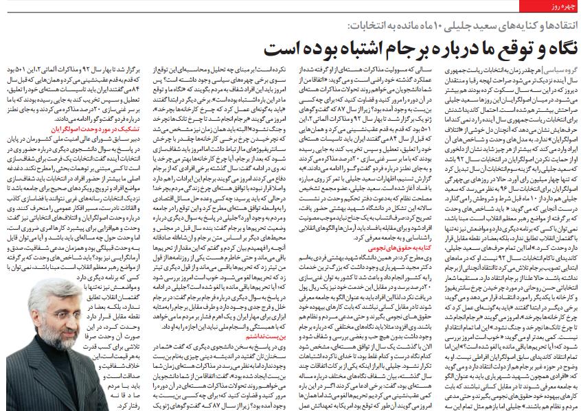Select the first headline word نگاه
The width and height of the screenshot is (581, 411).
tap(554, 49)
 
